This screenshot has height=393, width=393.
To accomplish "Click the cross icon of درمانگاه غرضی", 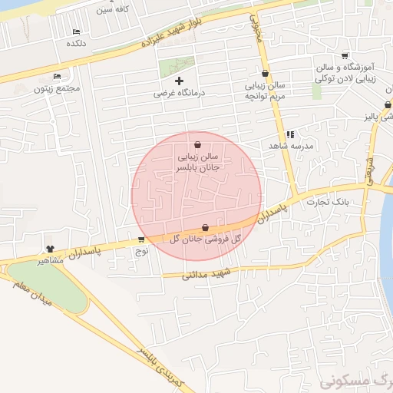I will tap(180, 81).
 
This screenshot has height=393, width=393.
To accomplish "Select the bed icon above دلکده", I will tap(76, 31).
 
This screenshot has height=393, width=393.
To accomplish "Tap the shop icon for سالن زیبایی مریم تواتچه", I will tap(265, 74).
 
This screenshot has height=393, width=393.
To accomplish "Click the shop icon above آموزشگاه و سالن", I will tap(345, 55).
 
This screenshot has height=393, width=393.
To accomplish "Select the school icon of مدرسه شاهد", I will tap(289, 134).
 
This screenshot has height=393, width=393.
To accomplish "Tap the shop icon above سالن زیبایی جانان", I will tap(198, 144).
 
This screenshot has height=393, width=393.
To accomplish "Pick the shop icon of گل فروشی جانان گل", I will tap(204, 227).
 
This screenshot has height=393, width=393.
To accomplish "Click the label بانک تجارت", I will tap(328, 203).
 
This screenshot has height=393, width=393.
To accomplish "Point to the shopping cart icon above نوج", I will tap(141, 239).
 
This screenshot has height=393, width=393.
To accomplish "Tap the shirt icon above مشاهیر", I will tap(51, 249).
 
